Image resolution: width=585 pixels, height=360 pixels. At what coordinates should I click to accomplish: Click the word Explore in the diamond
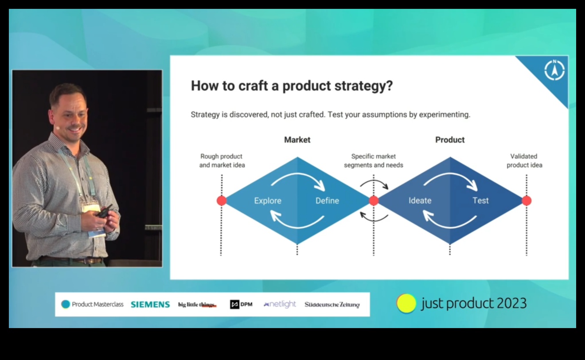point(268,201)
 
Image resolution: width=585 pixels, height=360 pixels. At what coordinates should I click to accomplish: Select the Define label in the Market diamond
point(327,201)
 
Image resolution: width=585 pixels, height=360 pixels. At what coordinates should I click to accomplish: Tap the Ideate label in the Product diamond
point(420,200)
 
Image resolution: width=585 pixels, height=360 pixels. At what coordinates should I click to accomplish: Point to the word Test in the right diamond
point(480,200)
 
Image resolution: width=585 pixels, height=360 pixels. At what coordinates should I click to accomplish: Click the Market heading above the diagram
point(297,140)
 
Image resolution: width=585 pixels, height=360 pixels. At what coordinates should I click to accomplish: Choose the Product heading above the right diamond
point(450,140)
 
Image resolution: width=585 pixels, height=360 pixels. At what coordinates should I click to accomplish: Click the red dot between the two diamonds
point(374,201)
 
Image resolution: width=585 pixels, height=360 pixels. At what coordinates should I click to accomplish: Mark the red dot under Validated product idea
point(526,201)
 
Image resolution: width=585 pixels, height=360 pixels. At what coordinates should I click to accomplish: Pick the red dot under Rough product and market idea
point(222,201)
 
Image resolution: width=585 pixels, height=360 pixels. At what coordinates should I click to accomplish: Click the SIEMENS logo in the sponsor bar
point(150,305)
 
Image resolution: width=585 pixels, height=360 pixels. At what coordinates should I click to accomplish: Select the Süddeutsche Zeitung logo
point(332,305)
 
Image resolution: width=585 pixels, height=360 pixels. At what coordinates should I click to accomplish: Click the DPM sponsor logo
point(241,305)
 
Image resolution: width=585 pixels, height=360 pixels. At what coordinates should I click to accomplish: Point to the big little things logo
point(197,305)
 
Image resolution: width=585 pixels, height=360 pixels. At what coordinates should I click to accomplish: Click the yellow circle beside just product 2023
point(406,304)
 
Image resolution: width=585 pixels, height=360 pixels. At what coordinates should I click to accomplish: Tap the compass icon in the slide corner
point(554,70)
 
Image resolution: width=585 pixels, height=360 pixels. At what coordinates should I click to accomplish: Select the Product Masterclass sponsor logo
point(92,305)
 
